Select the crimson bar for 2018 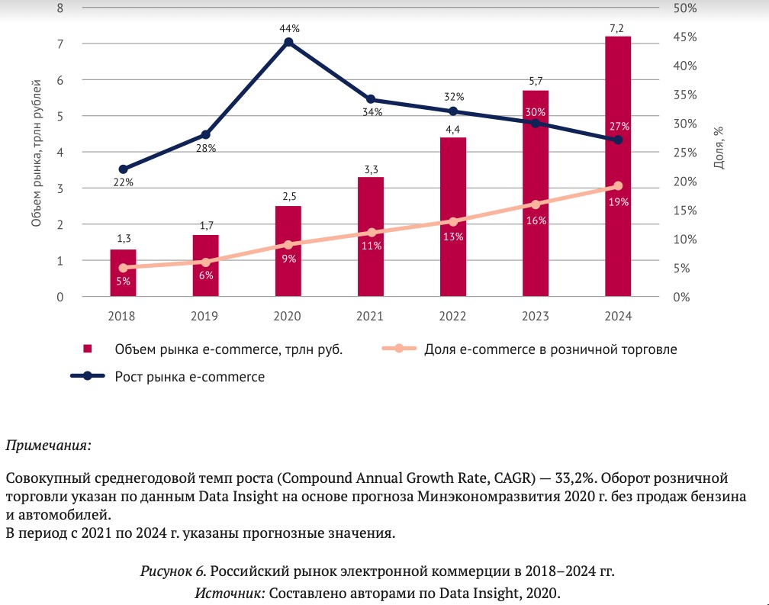click(x=123, y=273)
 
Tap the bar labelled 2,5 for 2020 click(x=288, y=251)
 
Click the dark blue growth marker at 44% click(x=288, y=42)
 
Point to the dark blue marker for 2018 click(x=123, y=169)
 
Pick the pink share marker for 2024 click(x=618, y=186)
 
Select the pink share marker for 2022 click(x=453, y=221)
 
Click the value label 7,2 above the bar click(x=618, y=27)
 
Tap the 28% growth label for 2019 click(x=206, y=148)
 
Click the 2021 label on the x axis click(x=371, y=315)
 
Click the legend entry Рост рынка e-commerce click(x=190, y=376)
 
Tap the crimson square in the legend click(x=88, y=349)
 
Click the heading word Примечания click(x=48, y=443)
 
